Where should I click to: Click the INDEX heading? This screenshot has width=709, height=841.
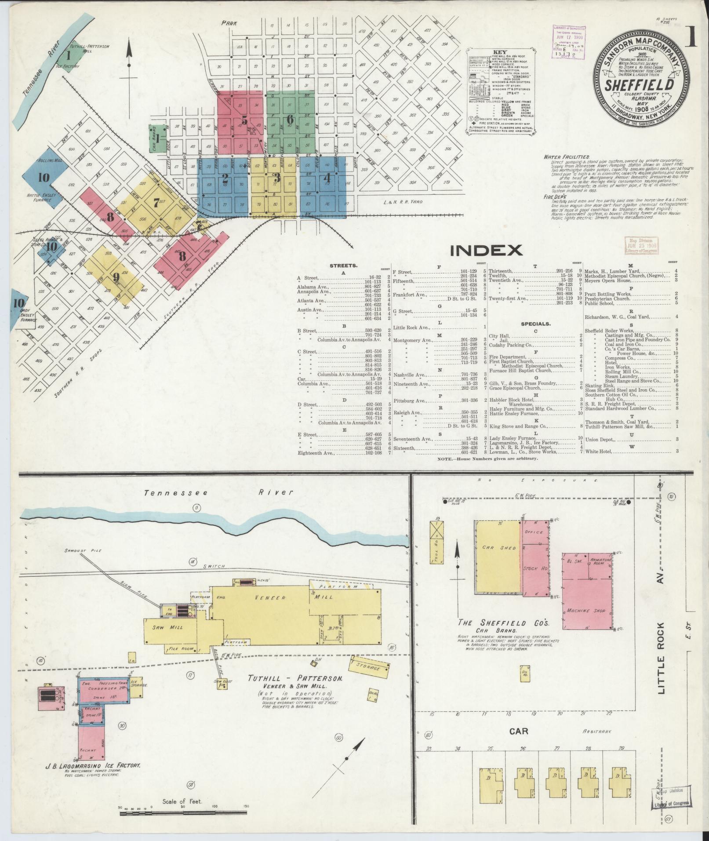click(x=486, y=250)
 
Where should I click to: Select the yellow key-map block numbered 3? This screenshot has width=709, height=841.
click(x=276, y=178)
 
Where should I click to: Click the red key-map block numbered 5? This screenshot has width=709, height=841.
click(x=244, y=120)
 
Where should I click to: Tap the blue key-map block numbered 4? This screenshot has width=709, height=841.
click(x=326, y=178)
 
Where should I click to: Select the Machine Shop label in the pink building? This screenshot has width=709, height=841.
click(x=585, y=611)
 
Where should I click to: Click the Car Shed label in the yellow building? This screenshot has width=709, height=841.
click(x=493, y=548)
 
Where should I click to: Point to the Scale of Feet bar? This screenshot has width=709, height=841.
click(x=183, y=813)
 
